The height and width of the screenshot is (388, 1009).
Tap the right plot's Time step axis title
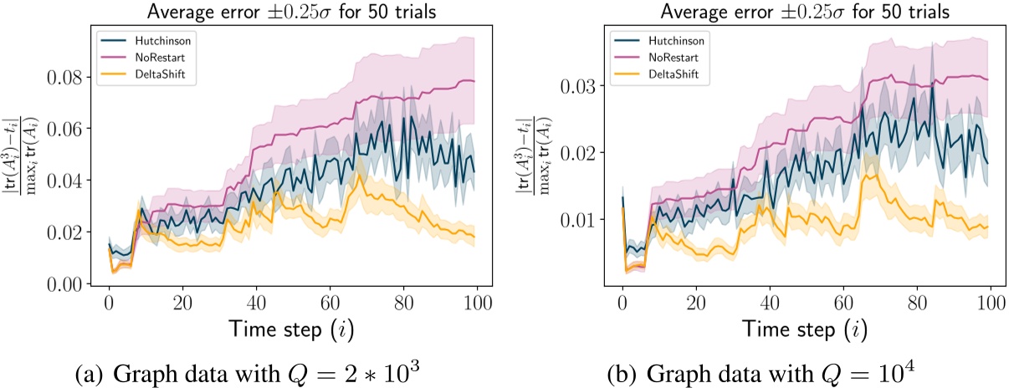(x=804, y=330)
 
